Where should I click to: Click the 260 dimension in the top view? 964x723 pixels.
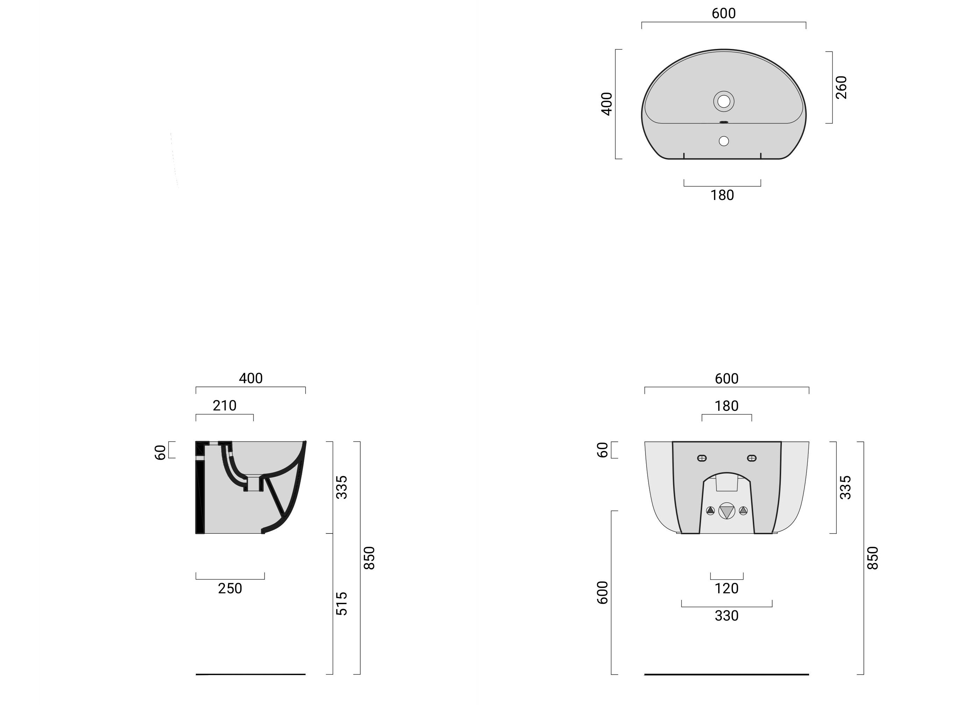click(841, 87)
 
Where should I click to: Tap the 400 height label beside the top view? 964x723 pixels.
click(606, 104)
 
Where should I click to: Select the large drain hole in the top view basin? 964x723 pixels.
click(723, 101)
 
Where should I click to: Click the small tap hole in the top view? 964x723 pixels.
click(723, 141)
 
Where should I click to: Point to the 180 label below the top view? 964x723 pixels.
click(722, 195)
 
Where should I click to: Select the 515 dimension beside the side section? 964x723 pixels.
click(342, 603)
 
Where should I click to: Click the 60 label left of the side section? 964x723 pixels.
click(160, 452)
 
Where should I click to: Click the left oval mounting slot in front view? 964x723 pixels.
click(702, 458)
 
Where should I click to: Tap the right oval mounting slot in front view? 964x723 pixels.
click(752, 458)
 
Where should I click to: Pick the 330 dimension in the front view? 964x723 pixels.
click(727, 616)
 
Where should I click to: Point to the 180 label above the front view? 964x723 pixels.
click(727, 406)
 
